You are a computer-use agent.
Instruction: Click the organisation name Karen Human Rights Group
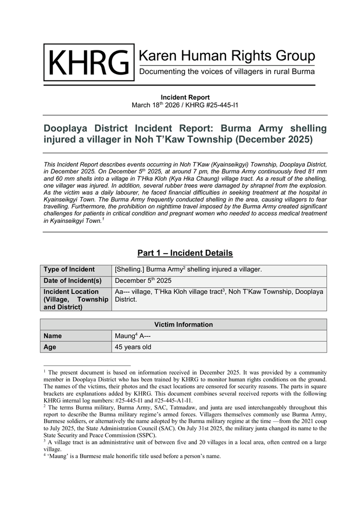click(227, 56)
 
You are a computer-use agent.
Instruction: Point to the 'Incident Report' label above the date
click(185, 97)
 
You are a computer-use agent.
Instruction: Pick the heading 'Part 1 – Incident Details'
click(185, 253)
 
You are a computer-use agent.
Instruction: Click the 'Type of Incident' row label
click(69, 270)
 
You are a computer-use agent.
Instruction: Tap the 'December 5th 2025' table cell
click(143, 281)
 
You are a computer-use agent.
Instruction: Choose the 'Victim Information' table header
click(184, 325)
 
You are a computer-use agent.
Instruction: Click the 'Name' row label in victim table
click(53, 336)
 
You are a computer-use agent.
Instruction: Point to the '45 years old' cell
click(133, 347)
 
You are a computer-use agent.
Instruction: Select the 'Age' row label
click(50, 347)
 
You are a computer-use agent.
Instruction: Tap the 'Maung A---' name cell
click(133, 336)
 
